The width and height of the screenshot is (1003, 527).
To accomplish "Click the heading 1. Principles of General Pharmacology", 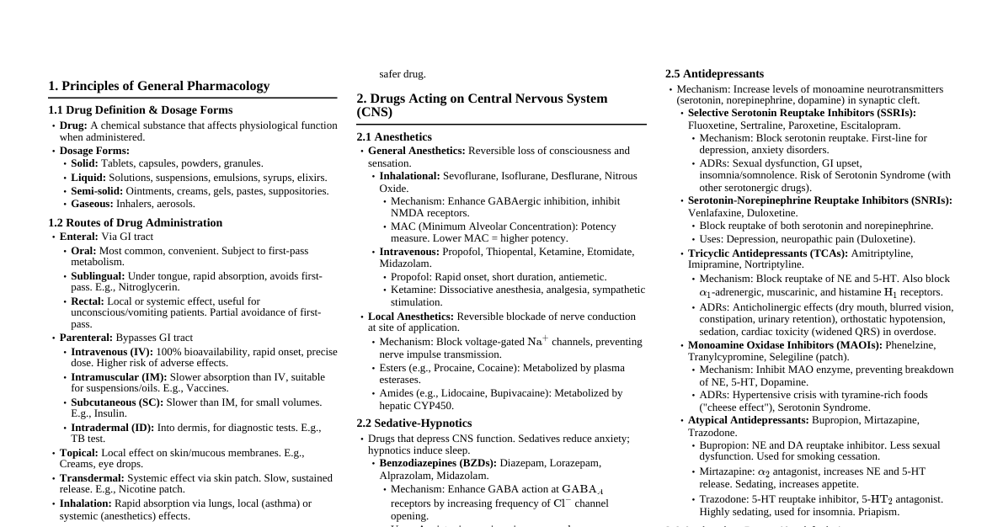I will coord(159,86).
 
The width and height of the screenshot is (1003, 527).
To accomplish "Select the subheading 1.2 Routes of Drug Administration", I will coord(135,223).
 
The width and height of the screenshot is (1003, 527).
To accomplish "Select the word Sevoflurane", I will coord(471,176).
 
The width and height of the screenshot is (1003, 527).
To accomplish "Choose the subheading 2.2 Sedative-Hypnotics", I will coord(413,423).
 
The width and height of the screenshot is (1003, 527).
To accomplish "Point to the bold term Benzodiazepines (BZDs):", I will coord(438,463).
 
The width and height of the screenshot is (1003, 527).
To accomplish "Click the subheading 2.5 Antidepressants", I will coord(714,74).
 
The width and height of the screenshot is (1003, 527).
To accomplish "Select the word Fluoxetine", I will coord(711,125).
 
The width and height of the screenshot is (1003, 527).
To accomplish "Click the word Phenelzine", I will coord(910,345).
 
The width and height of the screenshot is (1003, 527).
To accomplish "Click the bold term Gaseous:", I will coord(90,204).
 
